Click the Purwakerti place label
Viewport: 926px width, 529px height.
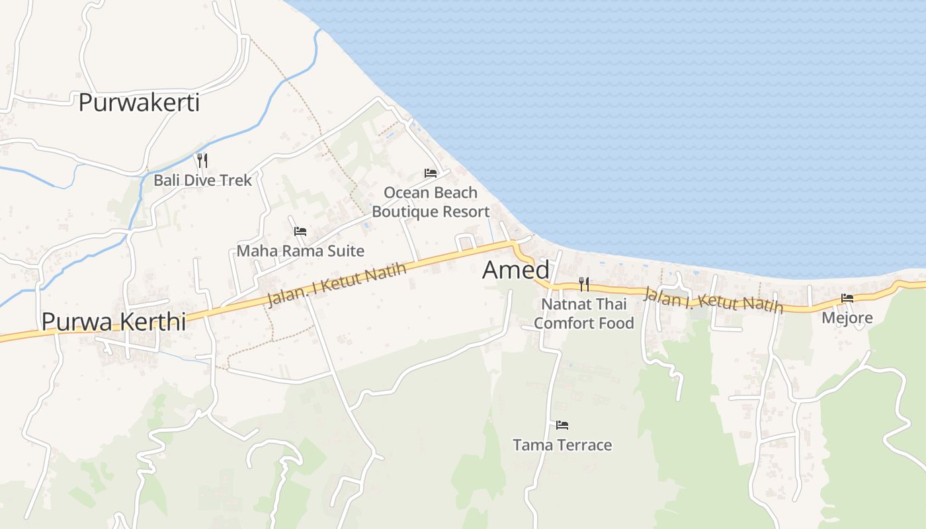(139, 103)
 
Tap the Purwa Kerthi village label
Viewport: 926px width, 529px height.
(113, 321)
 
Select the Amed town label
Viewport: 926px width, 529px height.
(516, 270)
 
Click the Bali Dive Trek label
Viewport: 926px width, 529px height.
(203, 180)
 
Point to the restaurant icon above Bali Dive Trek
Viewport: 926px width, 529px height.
(202, 160)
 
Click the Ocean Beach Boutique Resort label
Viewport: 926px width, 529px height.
(431, 202)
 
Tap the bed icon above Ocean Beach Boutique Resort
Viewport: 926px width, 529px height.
(431, 173)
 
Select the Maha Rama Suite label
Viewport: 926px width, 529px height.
(300, 251)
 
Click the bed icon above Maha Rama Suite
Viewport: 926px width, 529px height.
(300, 231)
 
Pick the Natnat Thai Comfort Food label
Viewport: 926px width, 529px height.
(584, 313)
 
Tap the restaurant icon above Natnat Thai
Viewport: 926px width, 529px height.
(584, 284)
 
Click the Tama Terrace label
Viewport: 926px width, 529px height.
(562, 445)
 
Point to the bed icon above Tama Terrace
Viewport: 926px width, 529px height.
(562, 425)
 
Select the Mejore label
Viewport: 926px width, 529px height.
(847, 318)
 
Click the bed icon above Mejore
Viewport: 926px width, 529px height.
(847, 298)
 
